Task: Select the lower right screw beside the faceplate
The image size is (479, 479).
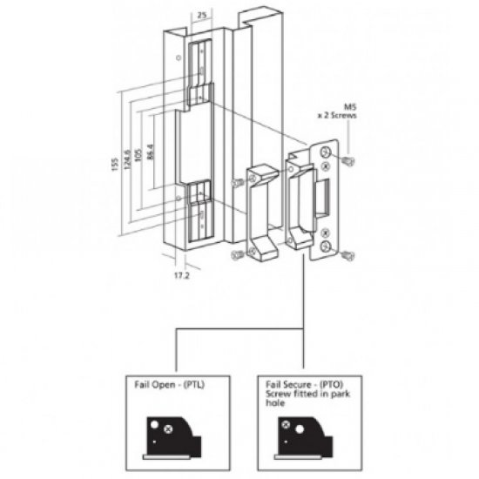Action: coord(347,253)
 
